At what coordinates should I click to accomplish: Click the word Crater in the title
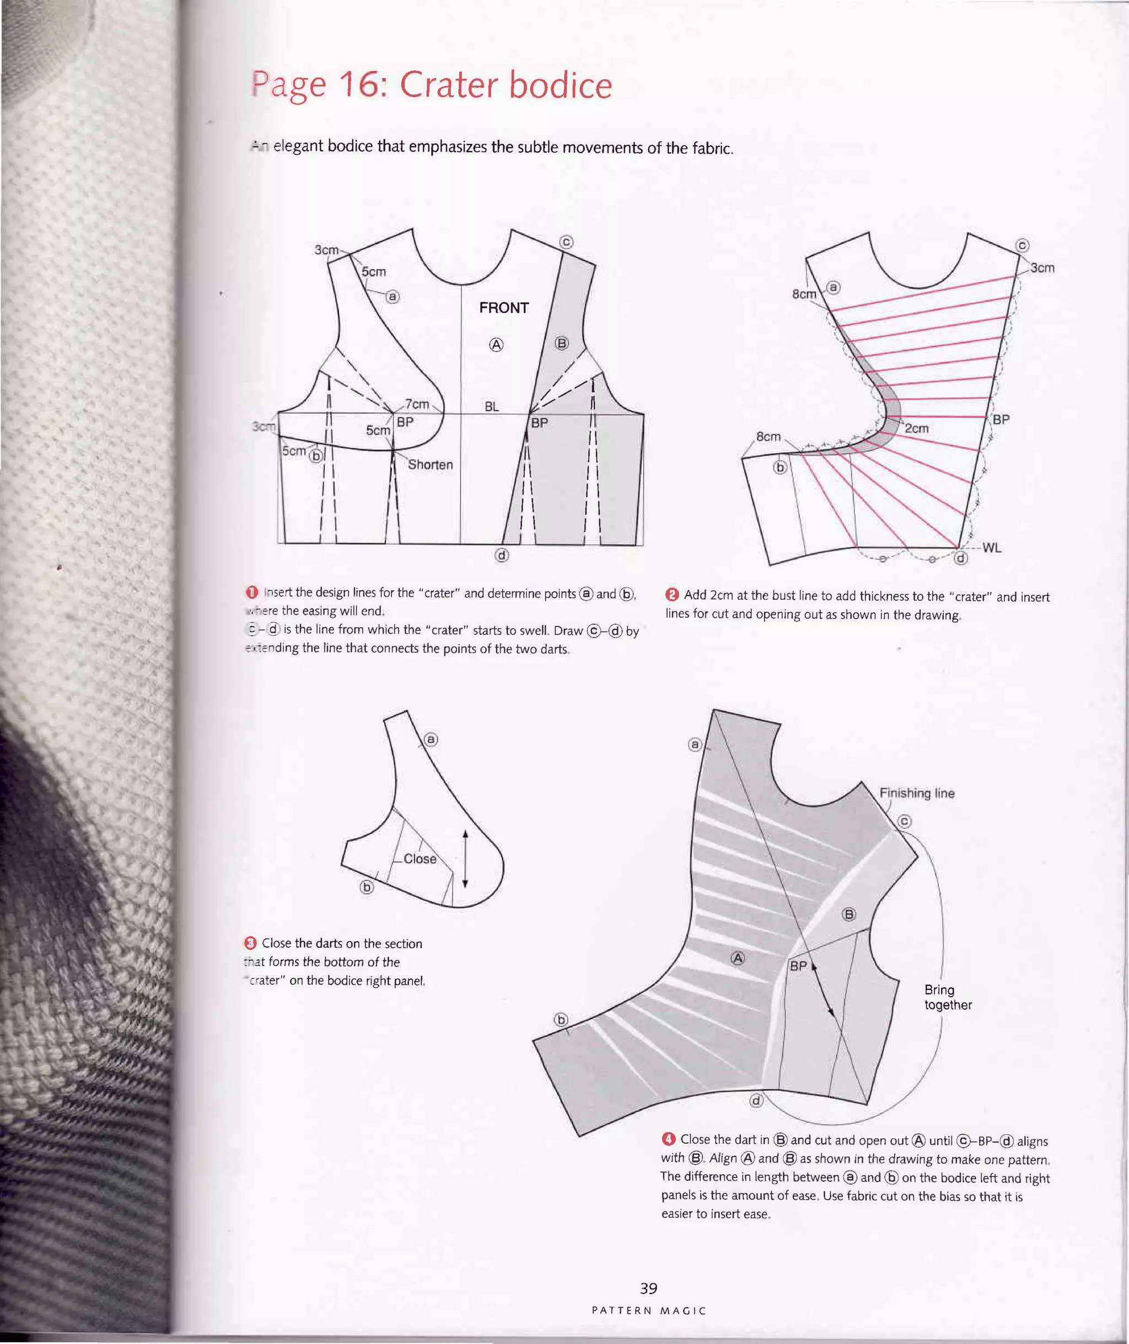[x=449, y=85]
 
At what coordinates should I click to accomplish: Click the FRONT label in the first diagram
[x=504, y=308]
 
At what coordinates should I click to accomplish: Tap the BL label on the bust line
[x=492, y=406]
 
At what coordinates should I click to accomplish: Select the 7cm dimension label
[x=417, y=404]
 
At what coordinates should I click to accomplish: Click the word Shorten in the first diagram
[x=430, y=465]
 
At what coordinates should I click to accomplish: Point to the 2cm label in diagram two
[x=917, y=429]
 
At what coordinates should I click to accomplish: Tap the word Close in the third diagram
[x=420, y=859]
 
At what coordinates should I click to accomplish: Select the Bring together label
[x=947, y=997]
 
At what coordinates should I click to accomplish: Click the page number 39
[x=648, y=1288]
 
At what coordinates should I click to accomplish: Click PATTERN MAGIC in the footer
[x=648, y=1311]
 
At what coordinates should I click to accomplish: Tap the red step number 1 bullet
[x=252, y=592]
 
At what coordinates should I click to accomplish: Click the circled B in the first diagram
[x=561, y=343]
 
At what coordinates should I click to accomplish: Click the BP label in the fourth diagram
[x=798, y=966]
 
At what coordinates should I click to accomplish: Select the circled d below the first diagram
[x=502, y=555]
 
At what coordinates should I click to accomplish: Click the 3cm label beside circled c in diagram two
[x=1042, y=267]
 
